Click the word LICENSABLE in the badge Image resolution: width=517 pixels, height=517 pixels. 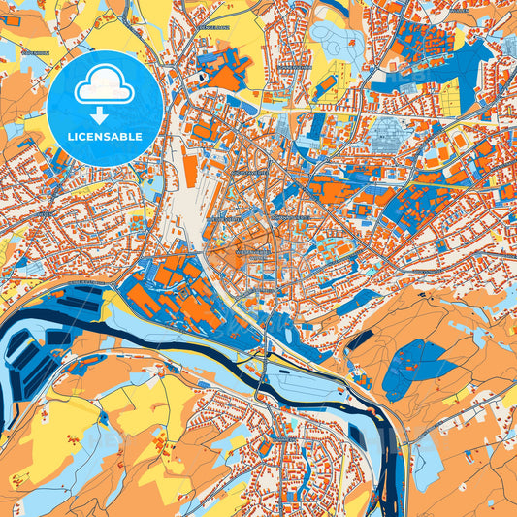pos(106,137)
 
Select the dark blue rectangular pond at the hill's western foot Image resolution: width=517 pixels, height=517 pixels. pos(361,340)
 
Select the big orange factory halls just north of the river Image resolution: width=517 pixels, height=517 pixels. pos(184,291)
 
